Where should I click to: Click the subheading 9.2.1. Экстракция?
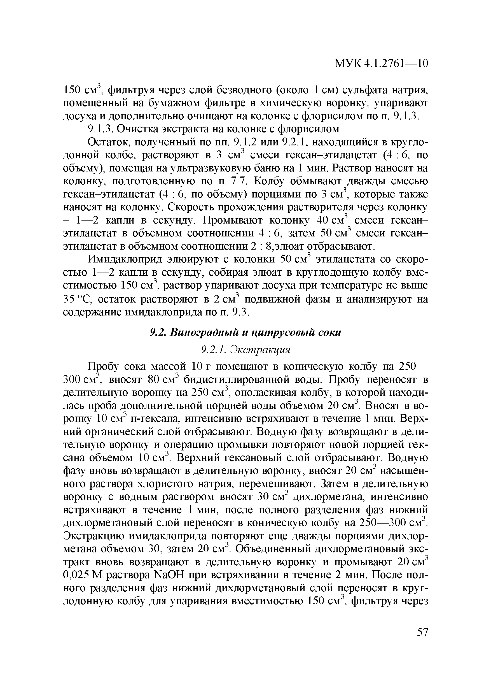tap(246, 350)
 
